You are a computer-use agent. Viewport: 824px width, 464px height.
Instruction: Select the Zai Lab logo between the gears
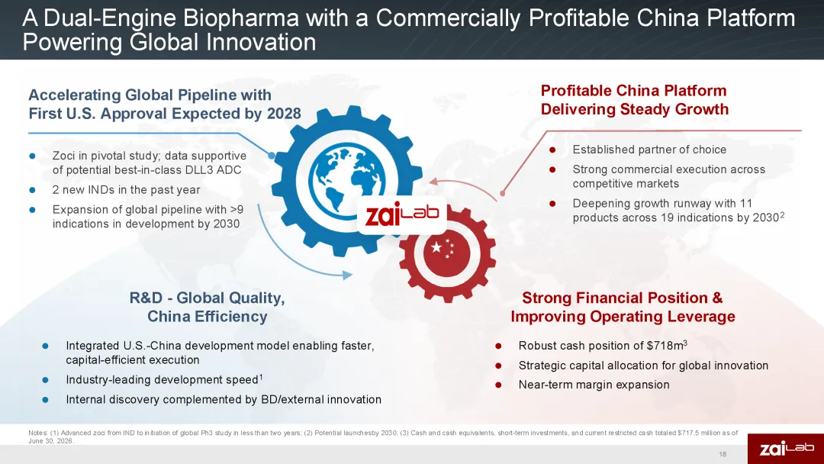(x=402, y=215)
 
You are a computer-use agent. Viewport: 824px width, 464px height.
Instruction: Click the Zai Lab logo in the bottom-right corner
(x=786, y=449)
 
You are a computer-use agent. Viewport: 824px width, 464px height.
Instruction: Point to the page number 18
(x=723, y=454)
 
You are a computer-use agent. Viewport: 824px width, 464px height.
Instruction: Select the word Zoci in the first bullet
(x=63, y=156)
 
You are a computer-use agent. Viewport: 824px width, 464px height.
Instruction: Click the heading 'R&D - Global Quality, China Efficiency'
(x=207, y=307)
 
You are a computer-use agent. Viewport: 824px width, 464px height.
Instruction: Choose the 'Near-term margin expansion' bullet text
(x=594, y=385)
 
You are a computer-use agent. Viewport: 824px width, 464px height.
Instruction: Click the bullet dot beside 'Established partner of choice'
(x=552, y=150)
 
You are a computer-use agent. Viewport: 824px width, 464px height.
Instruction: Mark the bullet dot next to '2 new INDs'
(x=32, y=190)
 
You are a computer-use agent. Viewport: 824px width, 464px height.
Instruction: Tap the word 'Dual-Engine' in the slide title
(x=109, y=18)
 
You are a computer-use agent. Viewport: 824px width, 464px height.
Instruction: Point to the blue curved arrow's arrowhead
(x=347, y=274)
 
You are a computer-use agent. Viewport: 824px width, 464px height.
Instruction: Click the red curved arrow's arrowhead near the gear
(x=433, y=182)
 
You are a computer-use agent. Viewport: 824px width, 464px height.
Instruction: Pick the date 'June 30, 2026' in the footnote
(x=51, y=441)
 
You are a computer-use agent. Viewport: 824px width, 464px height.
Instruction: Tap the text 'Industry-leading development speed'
(x=162, y=379)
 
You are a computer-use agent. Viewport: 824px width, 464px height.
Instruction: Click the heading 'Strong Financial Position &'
(x=623, y=298)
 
